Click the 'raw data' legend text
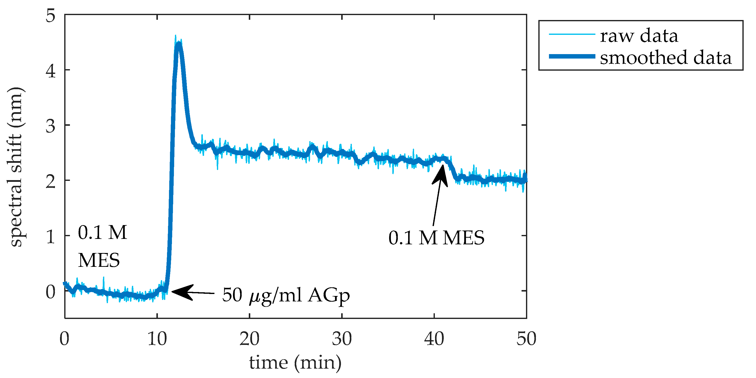639,36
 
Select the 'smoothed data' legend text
666,58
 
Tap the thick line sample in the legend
572,56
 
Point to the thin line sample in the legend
572,34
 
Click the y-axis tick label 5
50,15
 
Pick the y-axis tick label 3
50,126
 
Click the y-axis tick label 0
50,292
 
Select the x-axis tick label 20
250,339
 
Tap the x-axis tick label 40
434,339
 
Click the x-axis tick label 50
526,339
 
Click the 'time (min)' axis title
295,363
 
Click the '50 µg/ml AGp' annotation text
286,295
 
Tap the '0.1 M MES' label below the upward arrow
436,238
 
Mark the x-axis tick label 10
157,339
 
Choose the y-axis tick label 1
50,236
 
